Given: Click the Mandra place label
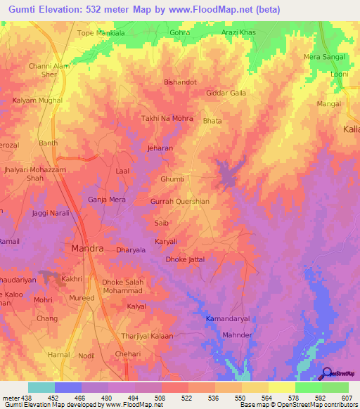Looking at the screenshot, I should click(x=89, y=249).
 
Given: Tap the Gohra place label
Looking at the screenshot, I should click(x=180, y=32).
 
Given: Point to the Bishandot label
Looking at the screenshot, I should click(x=180, y=82).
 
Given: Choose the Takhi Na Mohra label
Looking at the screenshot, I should click(x=167, y=118).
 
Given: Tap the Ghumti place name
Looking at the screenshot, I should click(x=172, y=179).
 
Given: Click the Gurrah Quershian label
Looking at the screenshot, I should click(x=180, y=201).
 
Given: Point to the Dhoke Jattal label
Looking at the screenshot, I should click(x=185, y=259).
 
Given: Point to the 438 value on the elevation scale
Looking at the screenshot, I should click(x=23, y=398).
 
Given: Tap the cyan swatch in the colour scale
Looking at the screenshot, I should click(x=41, y=387).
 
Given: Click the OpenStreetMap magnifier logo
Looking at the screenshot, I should click(x=326, y=374).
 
